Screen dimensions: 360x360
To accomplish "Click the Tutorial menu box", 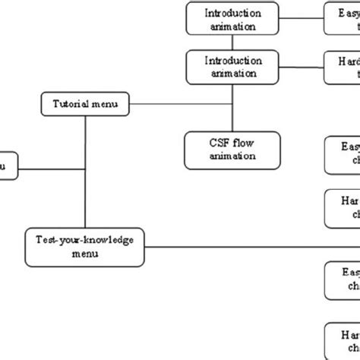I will coord(84,103).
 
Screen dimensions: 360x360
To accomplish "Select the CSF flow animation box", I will coord(231,149).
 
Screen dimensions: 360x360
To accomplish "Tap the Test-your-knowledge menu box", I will coord(84,245).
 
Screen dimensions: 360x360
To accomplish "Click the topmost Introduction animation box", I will coord(231,19).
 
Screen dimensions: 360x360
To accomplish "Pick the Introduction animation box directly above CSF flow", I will coord(231,66).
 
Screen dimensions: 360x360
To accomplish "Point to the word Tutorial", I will coord(70,103).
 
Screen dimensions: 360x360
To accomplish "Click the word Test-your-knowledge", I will coord(84,239).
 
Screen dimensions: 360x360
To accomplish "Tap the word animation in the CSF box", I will coord(231,156).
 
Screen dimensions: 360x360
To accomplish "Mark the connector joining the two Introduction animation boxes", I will coord(232,43).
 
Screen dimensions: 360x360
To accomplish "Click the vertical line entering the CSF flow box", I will coord(232,106).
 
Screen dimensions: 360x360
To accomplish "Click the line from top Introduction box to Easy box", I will coord(300,19).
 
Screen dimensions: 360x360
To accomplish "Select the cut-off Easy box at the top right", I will coord(342,19).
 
